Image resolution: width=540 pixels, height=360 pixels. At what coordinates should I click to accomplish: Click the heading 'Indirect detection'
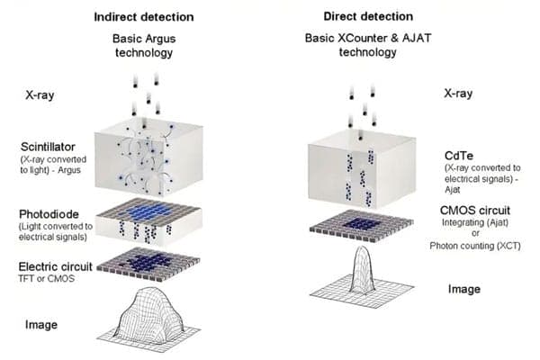pos(144,17)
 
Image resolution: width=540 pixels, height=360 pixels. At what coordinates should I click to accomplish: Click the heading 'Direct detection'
pos(368,16)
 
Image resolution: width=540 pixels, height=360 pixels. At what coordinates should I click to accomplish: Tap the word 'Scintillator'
pos(48,147)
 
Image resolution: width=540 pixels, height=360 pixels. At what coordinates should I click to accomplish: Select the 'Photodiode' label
pos(49,214)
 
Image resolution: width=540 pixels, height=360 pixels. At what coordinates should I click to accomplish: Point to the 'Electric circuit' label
pos(56,266)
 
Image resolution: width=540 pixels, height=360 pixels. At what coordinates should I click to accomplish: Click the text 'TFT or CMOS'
pos(47,278)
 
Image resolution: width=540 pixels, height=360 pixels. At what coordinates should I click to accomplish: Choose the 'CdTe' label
pos(459,156)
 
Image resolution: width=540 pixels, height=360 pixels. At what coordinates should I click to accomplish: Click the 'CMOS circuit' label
pos(475,210)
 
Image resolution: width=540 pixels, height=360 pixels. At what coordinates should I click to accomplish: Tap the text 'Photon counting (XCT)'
pos(475,246)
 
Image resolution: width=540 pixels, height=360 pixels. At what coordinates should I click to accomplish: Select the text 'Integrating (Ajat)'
pos(475,222)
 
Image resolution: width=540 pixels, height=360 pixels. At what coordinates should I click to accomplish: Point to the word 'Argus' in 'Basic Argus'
pos(160,39)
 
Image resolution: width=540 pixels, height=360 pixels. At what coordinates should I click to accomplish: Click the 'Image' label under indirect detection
pos(41,325)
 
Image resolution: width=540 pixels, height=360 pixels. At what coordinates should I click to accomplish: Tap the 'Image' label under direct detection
pos(464,289)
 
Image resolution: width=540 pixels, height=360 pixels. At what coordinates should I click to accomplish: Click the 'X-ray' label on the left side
pos(40,95)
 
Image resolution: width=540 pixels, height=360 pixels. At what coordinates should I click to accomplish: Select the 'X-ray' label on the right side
pos(458,94)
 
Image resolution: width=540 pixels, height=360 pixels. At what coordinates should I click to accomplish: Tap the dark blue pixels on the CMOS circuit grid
pos(362,223)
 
